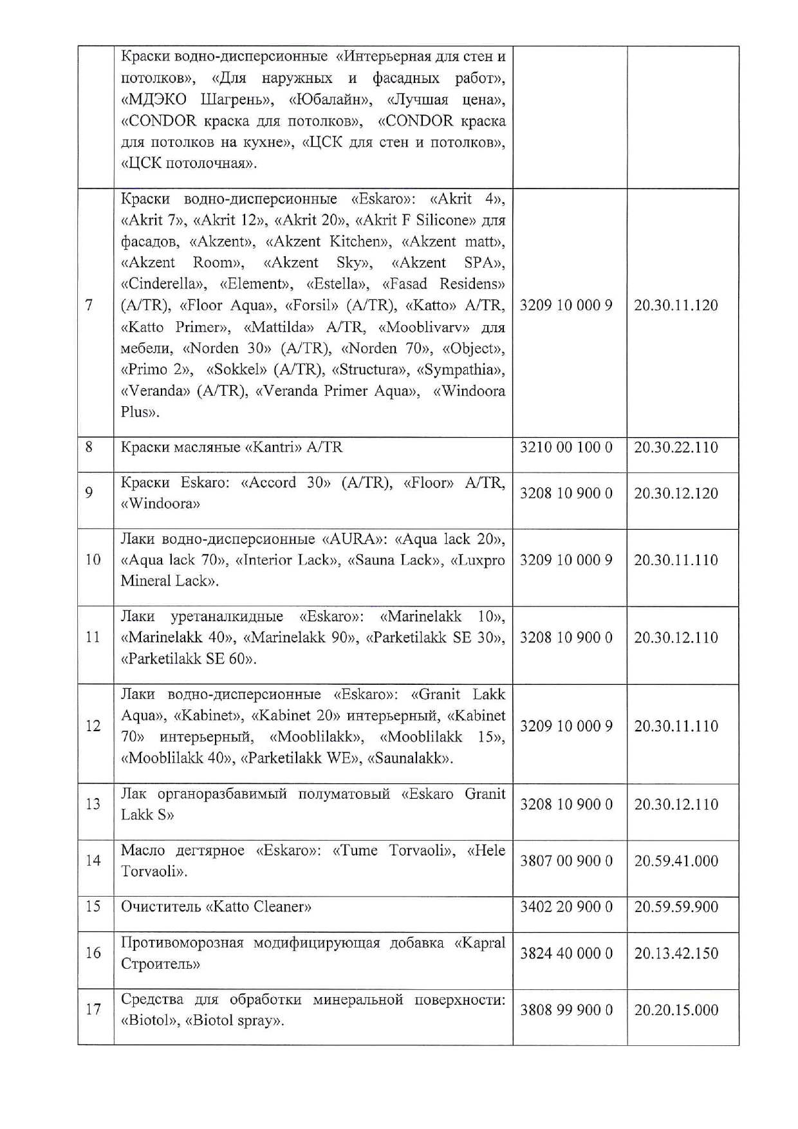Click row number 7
[x=89, y=305]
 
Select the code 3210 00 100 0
[x=566, y=447]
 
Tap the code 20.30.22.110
[x=676, y=447]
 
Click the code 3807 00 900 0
[x=566, y=861]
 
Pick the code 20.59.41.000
[x=676, y=861]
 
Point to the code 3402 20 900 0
[x=566, y=907]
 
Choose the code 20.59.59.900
[x=676, y=907]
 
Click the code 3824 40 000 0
[x=566, y=953]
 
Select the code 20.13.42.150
[x=676, y=953]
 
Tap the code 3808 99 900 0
[x=566, y=1010]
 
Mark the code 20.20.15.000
[x=676, y=1010]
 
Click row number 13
[x=93, y=804]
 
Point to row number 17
[x=93, y=1009]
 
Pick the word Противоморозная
[x=182, y=943]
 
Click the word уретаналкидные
[x=227, y=617]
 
